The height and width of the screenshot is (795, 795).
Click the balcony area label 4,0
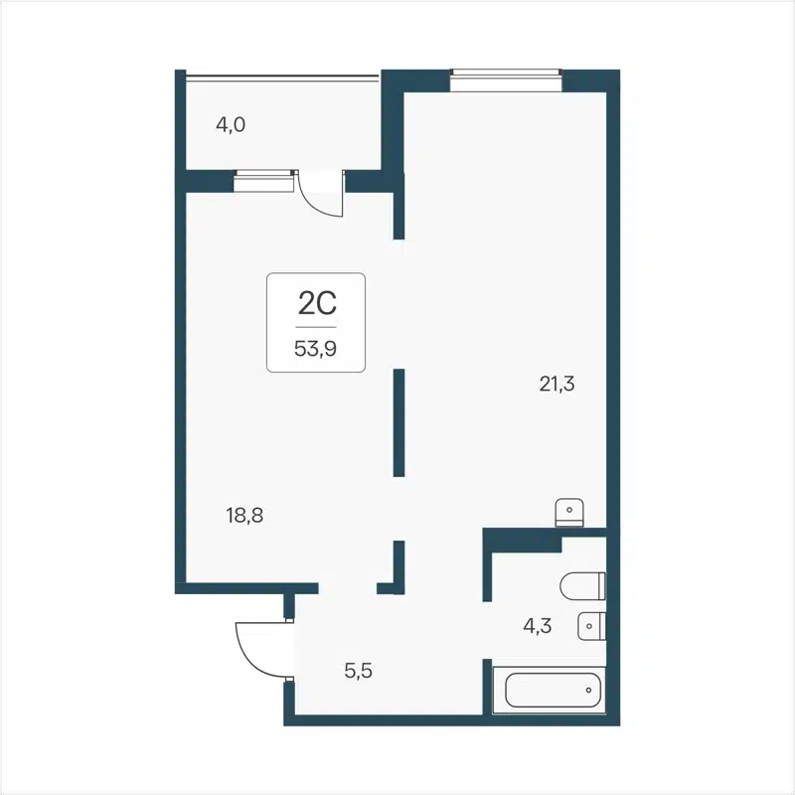point(231,125)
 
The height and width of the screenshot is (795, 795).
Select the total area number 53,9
point(316,348)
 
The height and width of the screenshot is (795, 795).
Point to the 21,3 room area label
point(557,386)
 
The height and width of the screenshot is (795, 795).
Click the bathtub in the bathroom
point(553,689)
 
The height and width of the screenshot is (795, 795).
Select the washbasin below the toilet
point(591,626)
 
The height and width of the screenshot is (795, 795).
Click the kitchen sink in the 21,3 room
point(568,511)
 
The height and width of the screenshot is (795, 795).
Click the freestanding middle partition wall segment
point(398,422)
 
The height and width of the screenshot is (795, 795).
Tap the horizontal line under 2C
point(316,326)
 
